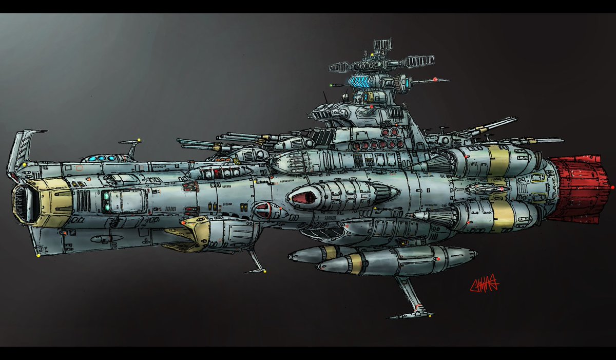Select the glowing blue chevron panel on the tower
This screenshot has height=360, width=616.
pyautogui.click(x=365, y=81)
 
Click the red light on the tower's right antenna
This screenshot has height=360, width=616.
pyautogui.click(x=435, y=80)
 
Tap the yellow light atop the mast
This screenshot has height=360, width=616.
pyautogui.click(x=372, y=53)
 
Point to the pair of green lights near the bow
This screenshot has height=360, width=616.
pyautogui.click(x=106, y=201)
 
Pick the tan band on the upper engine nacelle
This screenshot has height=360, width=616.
pyautogui.click(x=497, y=161)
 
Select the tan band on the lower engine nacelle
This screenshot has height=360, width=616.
pyautogui.click(x=503, y=215)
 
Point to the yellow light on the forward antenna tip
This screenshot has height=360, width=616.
pyautogui.click(x=140, y=139)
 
